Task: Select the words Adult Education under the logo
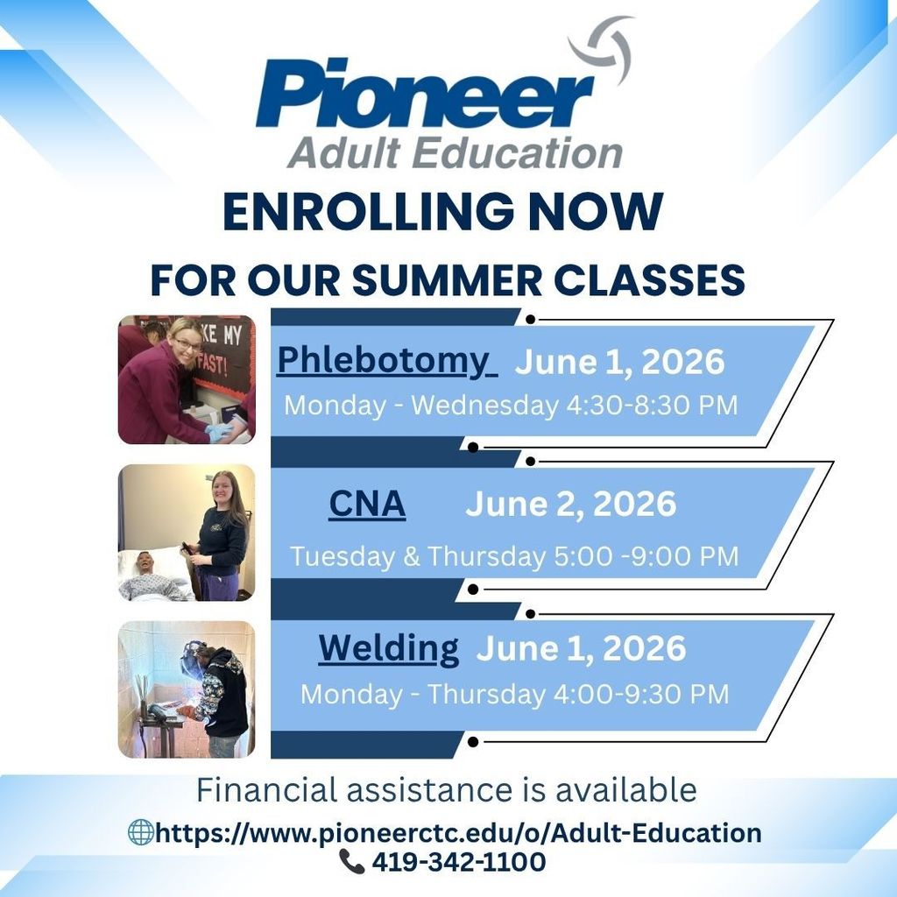[x=455, y=152]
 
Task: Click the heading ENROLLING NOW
[x=442, y=211]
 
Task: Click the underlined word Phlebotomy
[x=386, y=360]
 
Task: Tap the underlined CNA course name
[x=367, y=504]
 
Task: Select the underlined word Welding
[x=388, y=649]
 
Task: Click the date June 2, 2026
[x=570, y=504]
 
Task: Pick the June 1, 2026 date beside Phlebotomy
[x=619, y=361]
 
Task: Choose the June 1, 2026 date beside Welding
[x=581, y=649]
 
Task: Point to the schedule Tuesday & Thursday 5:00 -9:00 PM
[x=514, y=556]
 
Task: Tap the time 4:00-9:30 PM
[x=639, y=694]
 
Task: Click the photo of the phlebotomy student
[x=187, y=380]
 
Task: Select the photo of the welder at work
[x=187, y=689]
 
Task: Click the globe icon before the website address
[x=140, y=832]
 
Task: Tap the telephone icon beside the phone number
[x=351, y=862]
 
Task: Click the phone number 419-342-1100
[x=458, y=862]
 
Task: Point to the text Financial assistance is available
[x=446, y=790]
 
